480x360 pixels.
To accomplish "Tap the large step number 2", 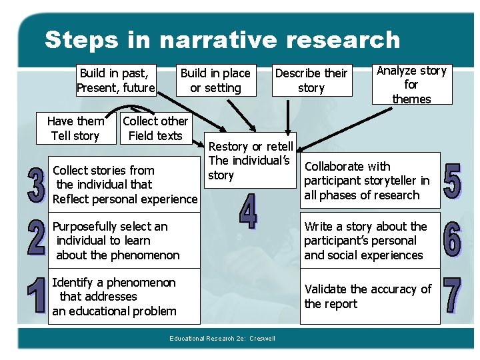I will [37, 238].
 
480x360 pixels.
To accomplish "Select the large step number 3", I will [37, 185].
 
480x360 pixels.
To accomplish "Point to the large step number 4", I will [248, 211].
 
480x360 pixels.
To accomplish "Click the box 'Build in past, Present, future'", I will [115, 80].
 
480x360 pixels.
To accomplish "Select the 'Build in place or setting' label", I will [215, 80].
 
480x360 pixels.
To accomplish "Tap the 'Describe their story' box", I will [311, 80].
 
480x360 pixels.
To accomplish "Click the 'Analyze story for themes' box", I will [411, 85].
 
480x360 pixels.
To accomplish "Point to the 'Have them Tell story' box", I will [75, 128].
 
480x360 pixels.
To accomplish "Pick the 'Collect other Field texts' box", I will [155, 128].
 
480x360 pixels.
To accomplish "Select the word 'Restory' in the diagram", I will [229, 146].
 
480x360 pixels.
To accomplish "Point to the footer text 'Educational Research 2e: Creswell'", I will [222, 339].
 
